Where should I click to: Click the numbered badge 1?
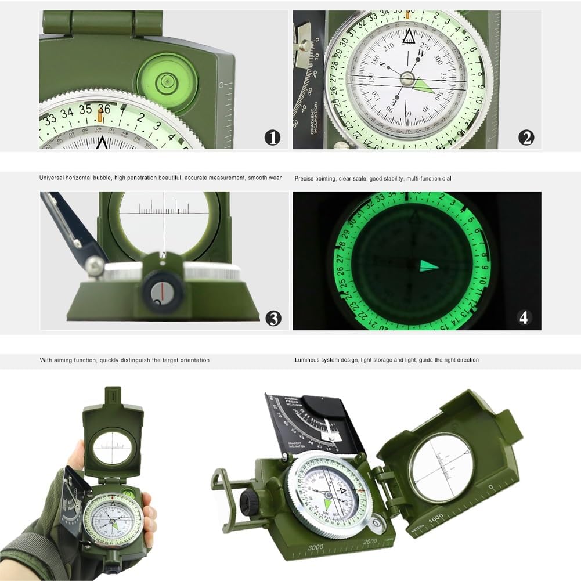coord(272,138)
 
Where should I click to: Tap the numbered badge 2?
coord(526,138)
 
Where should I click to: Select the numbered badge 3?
coord(273,318)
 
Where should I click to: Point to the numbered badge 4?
coord(524,317)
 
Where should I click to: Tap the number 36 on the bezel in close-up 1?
coord(104,109)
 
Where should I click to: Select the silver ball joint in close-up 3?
coord(94,266)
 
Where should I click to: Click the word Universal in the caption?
coord(53,178)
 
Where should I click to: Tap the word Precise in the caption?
coord(305,179)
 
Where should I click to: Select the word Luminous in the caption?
coord(308,360)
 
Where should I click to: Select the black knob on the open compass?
coord(251,499)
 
